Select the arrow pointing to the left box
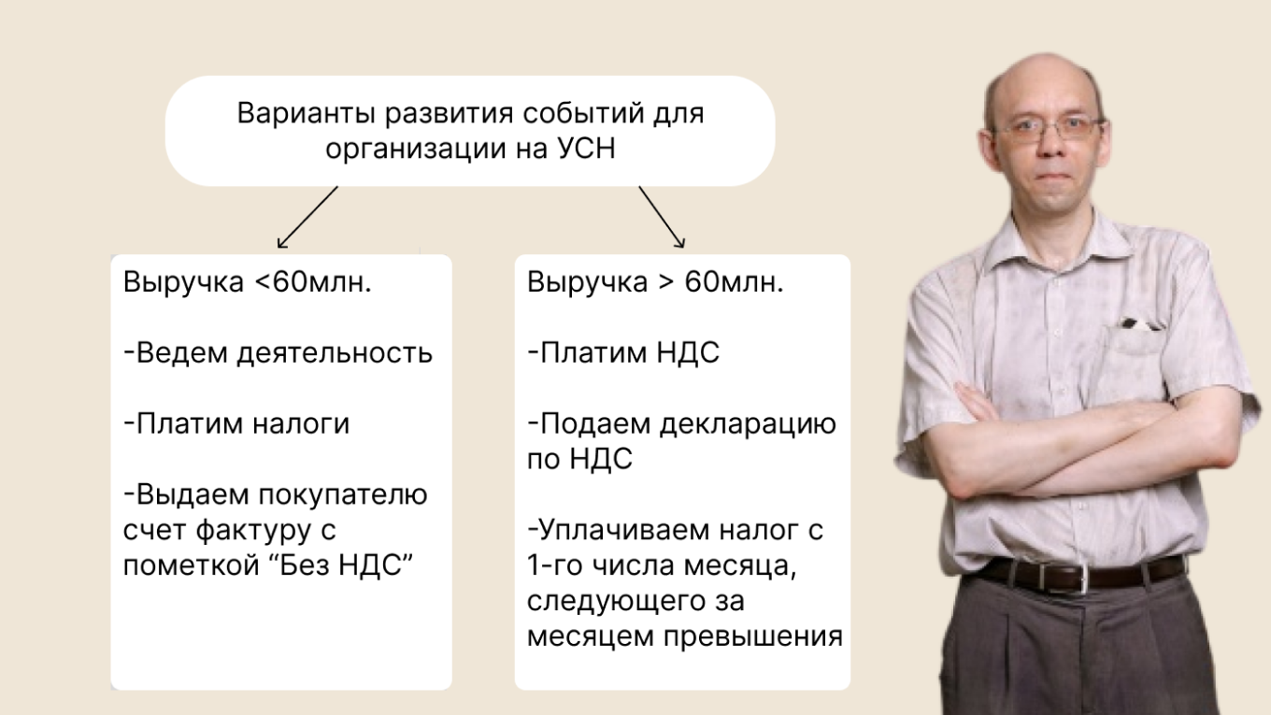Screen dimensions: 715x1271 point(306,217)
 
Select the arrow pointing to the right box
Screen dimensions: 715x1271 point(662,217)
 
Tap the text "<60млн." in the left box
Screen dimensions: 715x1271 point(312,283)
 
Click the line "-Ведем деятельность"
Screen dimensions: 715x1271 point(278,353)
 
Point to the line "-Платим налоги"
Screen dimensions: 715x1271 point(236,423)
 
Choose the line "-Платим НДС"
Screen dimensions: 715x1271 point(623,353)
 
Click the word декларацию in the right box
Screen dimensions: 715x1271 point(748,423)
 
